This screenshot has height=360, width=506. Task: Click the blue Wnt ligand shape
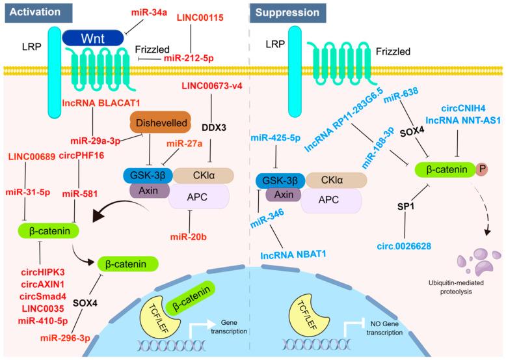tap(92, 38)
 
